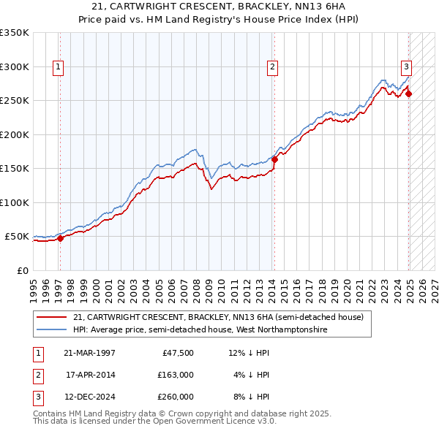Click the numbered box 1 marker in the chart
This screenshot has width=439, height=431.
58,67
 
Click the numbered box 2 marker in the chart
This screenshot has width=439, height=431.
272,67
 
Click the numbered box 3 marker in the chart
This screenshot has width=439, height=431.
406,67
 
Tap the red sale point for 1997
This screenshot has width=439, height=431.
61,237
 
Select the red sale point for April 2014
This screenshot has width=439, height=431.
274,159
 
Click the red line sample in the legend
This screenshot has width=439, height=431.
52,317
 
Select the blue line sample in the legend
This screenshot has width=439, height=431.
52,329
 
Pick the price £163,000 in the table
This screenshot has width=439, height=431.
176,375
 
